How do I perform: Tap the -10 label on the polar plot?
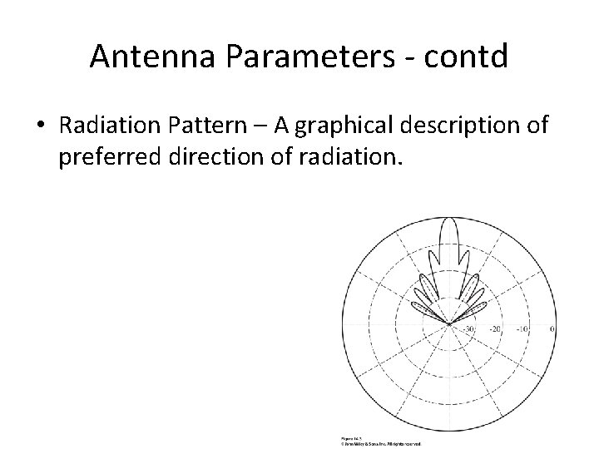point(522,329)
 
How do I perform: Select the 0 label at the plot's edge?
point(553,329)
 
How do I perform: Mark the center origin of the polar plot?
point(449,323)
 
